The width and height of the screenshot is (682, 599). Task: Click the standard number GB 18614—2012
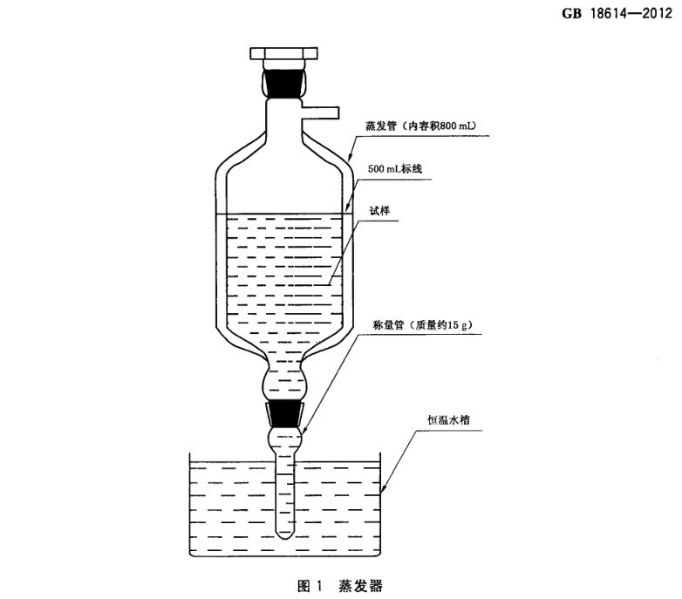[617, 13]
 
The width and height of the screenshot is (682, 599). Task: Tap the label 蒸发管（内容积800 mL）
[420, 126]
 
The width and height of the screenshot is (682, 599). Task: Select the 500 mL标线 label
[395, 168]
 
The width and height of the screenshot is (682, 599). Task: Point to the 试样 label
[379, 211]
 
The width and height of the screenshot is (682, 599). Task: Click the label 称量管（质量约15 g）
[423, 324]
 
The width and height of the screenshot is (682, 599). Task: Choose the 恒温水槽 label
[448, 420]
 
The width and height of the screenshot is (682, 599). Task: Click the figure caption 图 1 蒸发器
[340, 586]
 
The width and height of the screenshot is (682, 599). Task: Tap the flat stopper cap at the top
[283, 53]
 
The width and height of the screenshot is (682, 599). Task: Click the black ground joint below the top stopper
[284, 82]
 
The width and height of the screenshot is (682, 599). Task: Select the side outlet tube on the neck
[319, 112]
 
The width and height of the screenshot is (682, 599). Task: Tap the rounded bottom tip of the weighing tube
[284, 534]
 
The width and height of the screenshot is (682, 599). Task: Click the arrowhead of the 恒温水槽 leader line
[382, 490]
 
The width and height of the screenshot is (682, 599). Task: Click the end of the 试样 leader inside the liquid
[330, 285]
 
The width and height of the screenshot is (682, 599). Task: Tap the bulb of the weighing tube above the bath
[285, 439]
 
